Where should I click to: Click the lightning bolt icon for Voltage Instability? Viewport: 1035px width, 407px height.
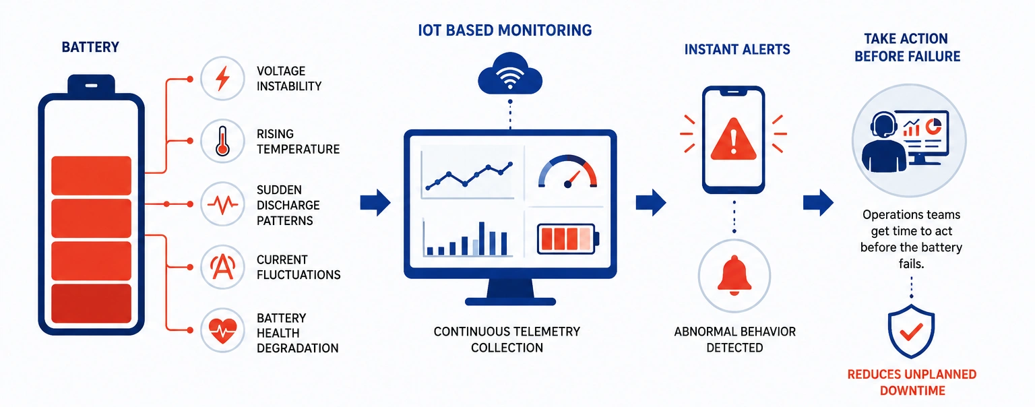[x=223, y=78]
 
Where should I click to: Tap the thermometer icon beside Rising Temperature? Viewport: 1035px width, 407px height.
[x=223, y=141]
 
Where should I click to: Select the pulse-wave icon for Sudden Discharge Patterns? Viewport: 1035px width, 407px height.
[x=223, y=204]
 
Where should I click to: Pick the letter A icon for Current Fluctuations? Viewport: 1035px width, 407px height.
[x=223, y=267]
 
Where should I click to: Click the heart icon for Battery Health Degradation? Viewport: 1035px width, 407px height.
[x=223, y=330]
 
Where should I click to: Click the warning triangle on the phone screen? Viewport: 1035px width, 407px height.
[x=733, y=139]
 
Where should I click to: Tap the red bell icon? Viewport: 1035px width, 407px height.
[x=734, y=276]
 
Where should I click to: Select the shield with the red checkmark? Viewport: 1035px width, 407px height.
[x=911, y=331]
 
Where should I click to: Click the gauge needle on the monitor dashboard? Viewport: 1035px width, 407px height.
[x=573, y=179]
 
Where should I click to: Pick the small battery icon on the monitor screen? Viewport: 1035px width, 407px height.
[x=568, y=239]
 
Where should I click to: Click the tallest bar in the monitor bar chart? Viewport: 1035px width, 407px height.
[x=482, y=239]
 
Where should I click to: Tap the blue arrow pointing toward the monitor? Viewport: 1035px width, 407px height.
[x=375, y=202]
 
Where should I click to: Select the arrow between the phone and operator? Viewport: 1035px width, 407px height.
[x=818, y=202]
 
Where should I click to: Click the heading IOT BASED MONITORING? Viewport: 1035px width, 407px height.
[x=505, y=30]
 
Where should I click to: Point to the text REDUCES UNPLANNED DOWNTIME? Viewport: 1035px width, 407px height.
[x=912, y=383]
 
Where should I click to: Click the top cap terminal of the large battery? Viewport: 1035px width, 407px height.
[x=91, y=84]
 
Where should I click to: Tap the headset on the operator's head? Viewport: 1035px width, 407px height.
[x=883, y=124]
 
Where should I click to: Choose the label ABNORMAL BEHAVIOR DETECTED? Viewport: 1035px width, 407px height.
[x=734, y=340]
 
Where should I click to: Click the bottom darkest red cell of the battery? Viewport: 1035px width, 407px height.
[x=91, y=303]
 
